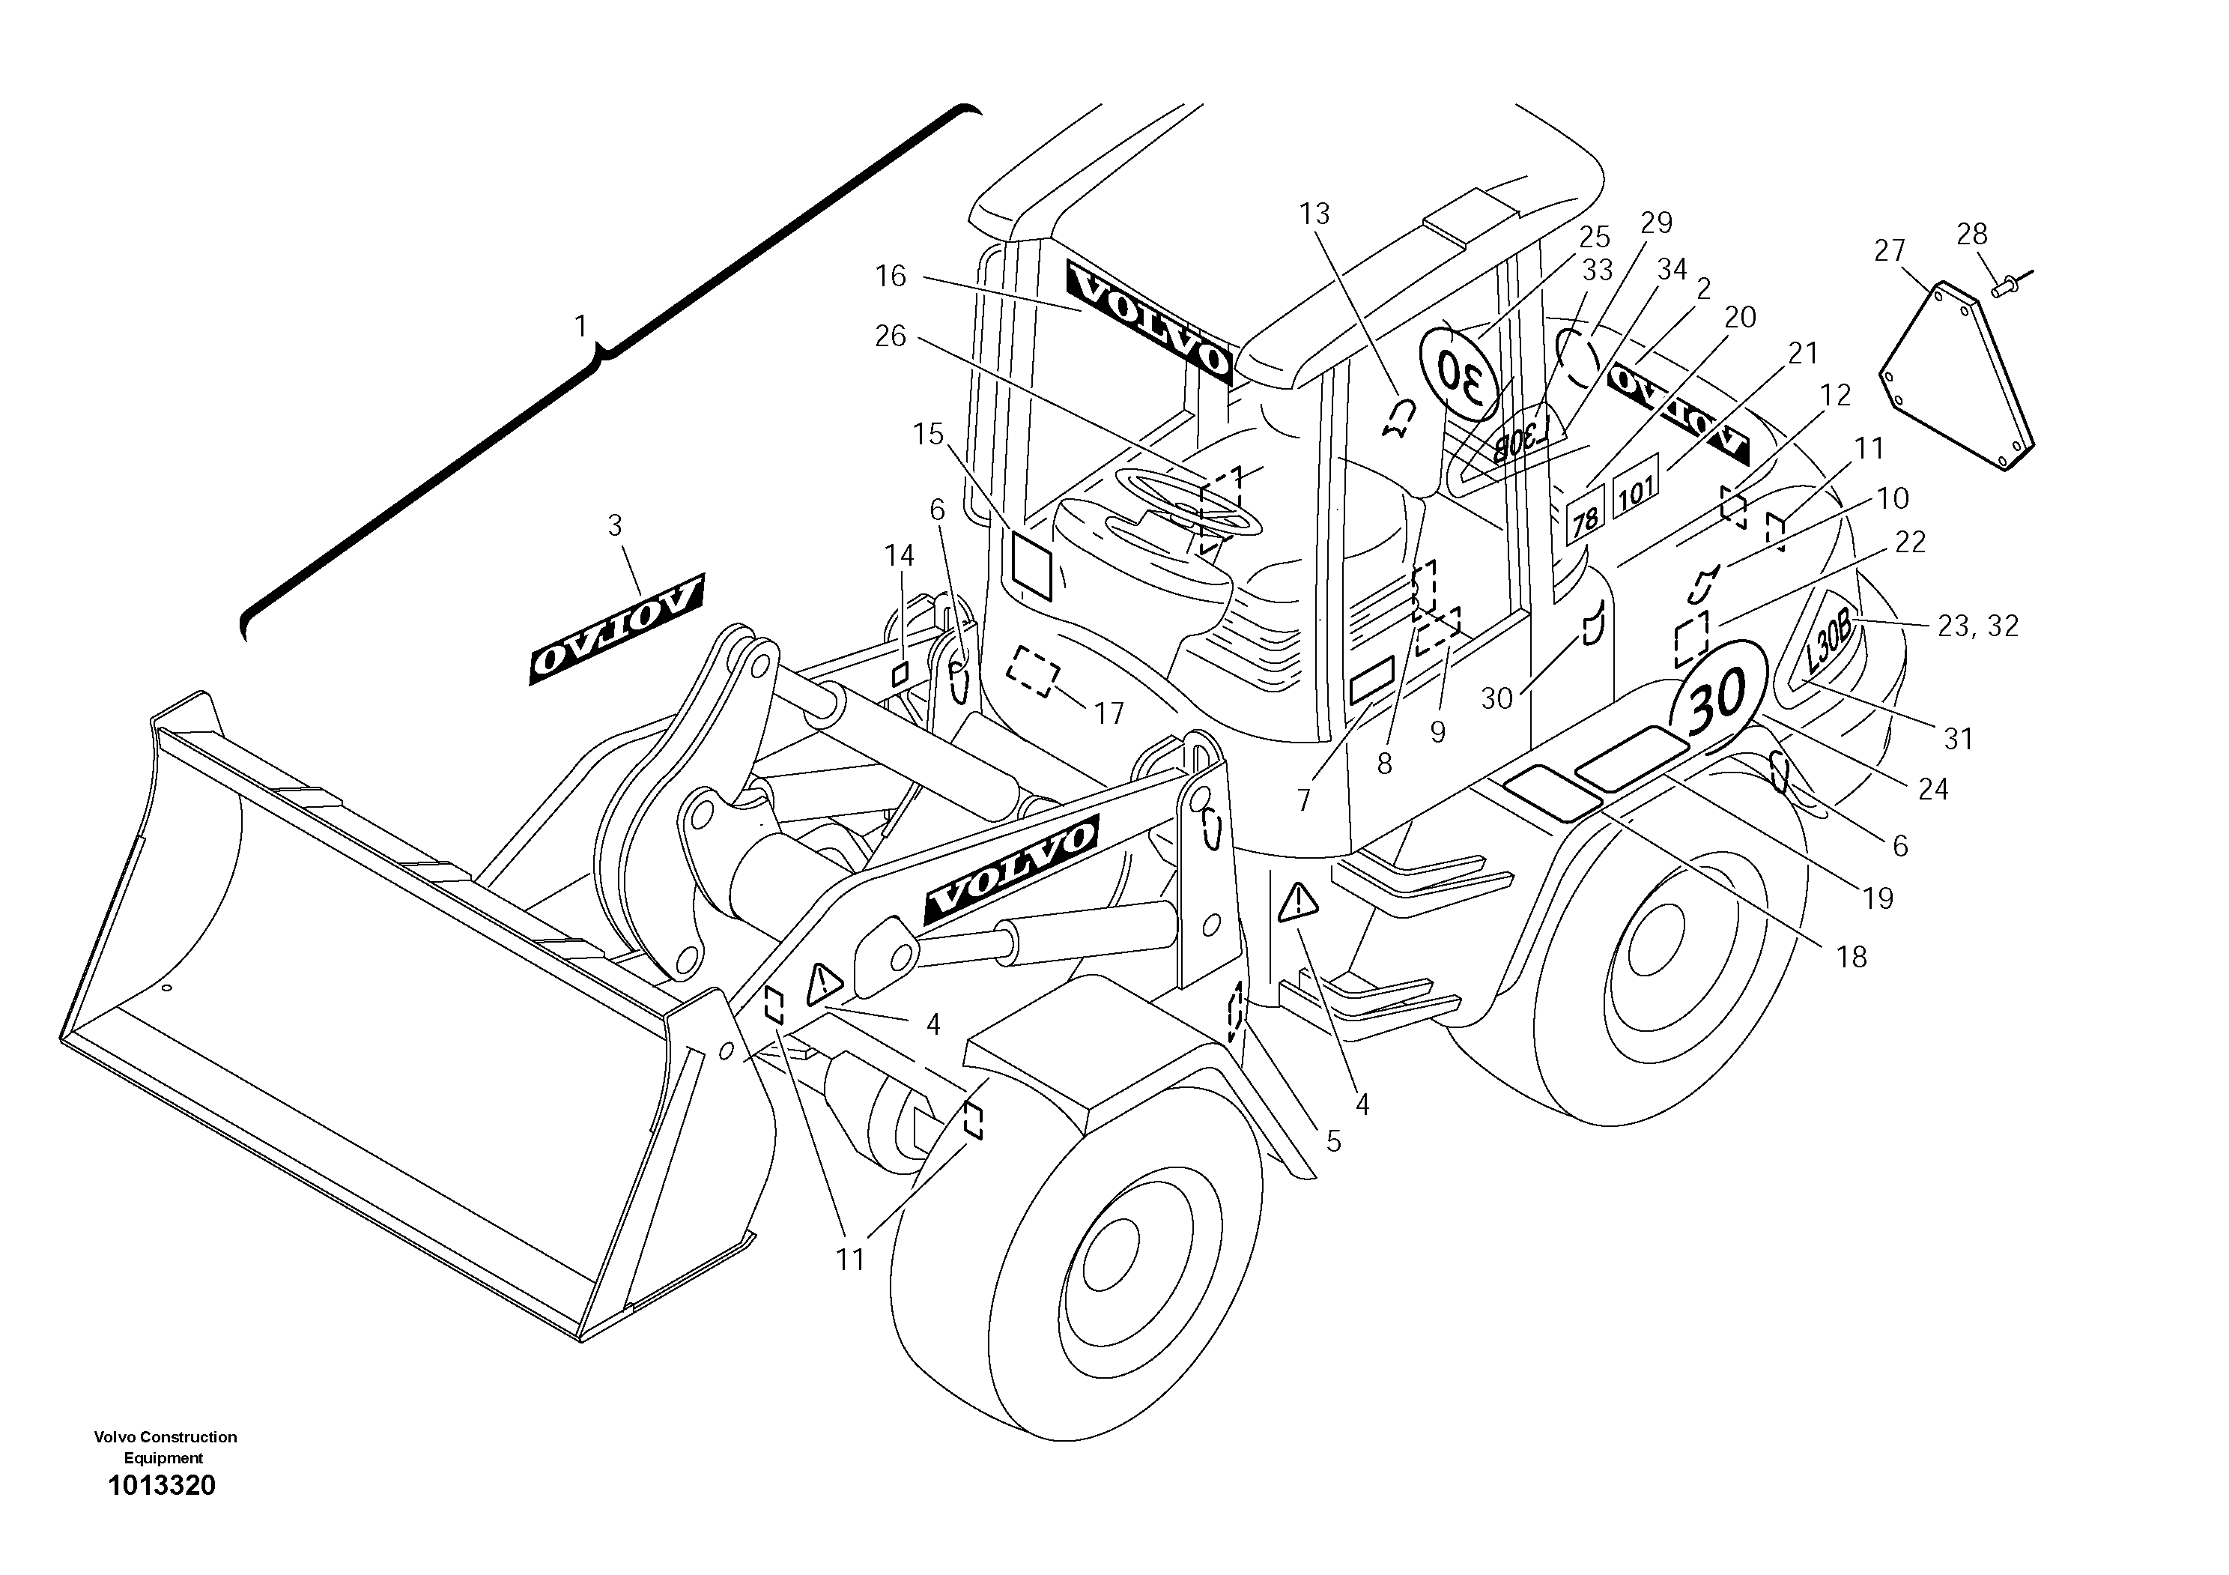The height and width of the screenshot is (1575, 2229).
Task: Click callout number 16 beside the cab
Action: coord(891,276)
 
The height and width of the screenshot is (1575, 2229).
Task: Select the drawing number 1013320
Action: coord(162,1486)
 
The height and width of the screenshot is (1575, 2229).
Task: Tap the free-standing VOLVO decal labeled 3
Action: coord(616,629)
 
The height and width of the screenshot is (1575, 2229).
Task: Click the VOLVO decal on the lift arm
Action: coord(1010,869)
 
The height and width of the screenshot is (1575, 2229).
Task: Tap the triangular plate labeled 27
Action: coord(1956,378)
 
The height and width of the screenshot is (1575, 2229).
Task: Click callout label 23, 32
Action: coord(1977,626)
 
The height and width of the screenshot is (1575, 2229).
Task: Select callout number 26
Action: coord(891,337)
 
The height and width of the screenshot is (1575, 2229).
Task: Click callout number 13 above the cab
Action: coord(1314,214)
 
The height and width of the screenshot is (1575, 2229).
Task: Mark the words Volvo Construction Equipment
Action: coord(165,1447)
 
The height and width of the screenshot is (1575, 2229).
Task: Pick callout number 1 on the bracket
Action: coord(580,326)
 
